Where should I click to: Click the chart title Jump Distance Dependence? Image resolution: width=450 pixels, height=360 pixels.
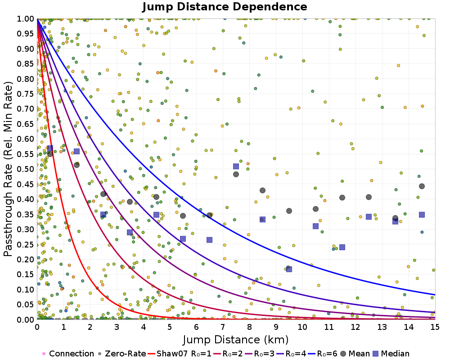(225, 7)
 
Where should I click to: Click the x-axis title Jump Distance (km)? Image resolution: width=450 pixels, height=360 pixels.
(236, 339)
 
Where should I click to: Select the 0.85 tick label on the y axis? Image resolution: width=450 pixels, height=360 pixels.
(26, 64)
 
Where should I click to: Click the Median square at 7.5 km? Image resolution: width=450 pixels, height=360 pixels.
(236, 166)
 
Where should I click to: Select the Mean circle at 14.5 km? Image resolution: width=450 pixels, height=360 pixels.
(422, 186)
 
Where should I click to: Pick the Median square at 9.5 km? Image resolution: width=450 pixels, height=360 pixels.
(289, 269)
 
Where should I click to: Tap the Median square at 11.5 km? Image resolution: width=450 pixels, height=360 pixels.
(342, 247)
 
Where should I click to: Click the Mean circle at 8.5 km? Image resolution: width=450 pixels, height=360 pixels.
(262, 190)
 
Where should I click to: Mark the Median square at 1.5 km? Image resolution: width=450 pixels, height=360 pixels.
(76, 151)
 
